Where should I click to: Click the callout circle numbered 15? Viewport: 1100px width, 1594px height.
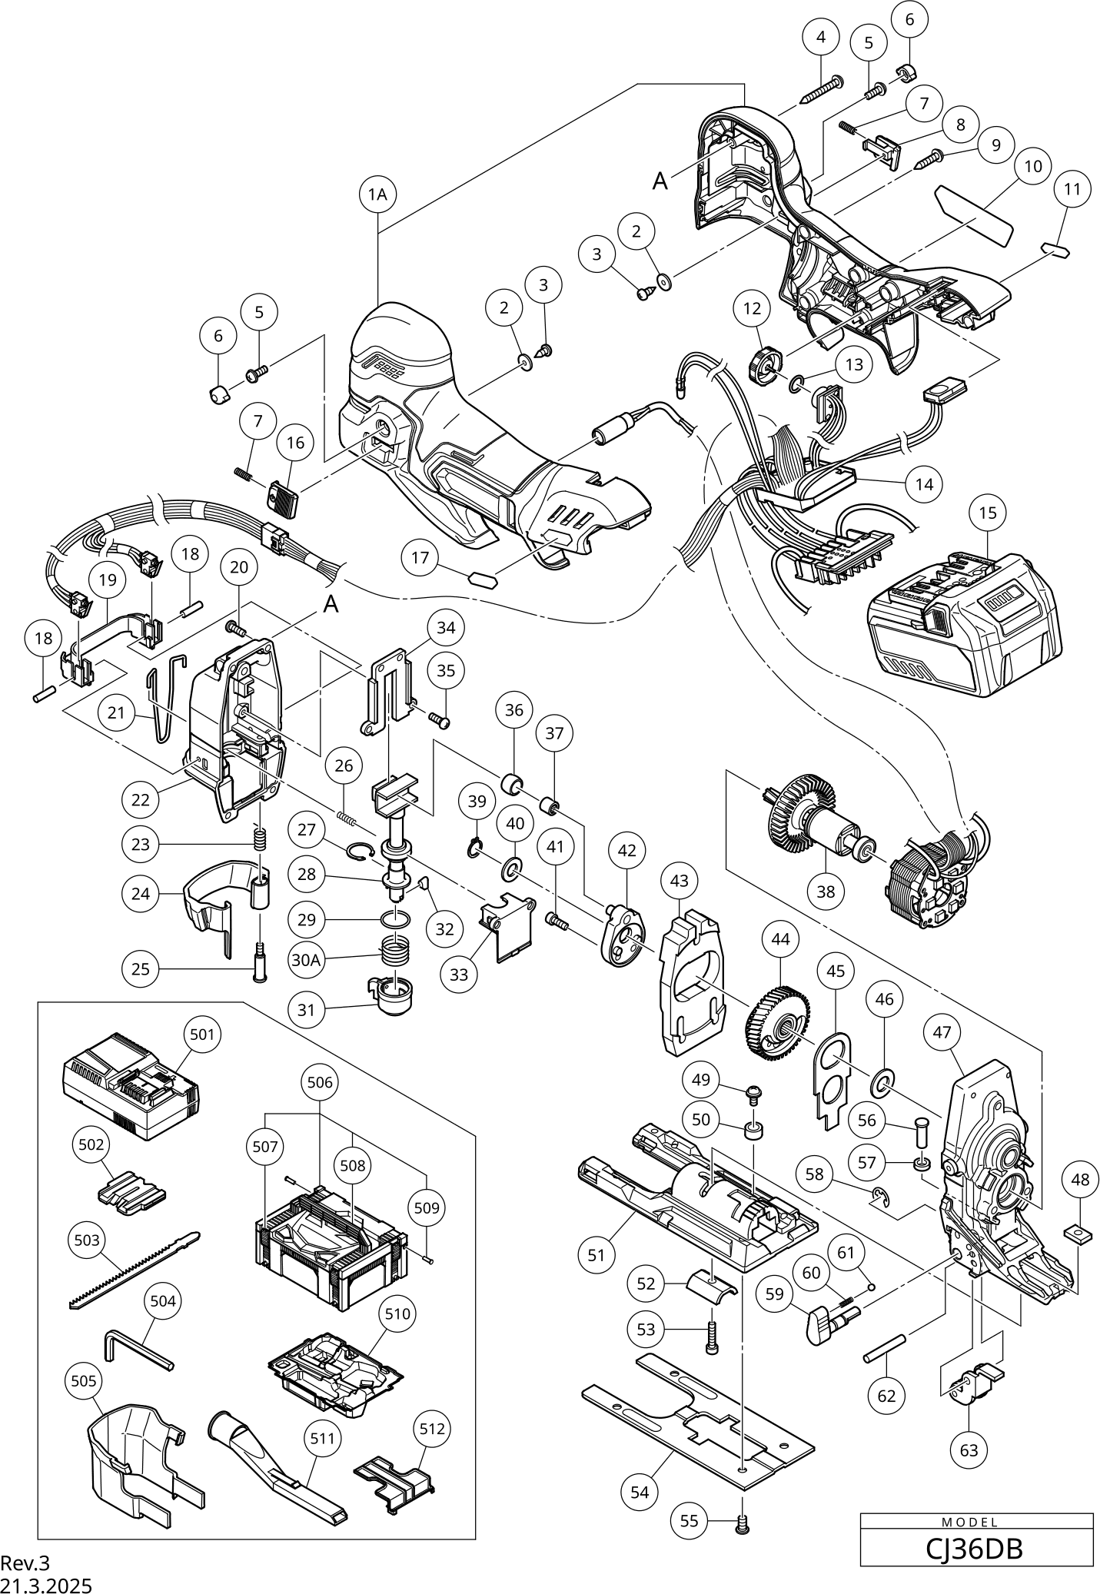[988, 512]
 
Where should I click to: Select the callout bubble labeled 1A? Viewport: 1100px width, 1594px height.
[377, 194]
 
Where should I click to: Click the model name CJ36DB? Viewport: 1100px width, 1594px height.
[975, 1549]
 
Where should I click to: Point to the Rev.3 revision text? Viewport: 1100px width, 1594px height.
[25, 1563]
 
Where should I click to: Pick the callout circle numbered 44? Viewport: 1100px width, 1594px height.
[781, 939]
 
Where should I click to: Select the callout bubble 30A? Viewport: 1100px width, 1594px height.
[306, 961]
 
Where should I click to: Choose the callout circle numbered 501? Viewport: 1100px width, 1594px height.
[202, 1034]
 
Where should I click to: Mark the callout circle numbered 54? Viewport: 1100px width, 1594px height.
[640, 1492]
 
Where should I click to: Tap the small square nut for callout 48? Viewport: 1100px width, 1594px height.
[1079, 1234]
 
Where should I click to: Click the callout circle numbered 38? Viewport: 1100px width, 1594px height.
[826, 892]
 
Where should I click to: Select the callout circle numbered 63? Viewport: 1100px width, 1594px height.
[969, 1450]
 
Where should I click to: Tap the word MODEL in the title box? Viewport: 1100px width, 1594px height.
[975, 1522]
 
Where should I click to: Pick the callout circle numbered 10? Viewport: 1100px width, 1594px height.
[1033, 166]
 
